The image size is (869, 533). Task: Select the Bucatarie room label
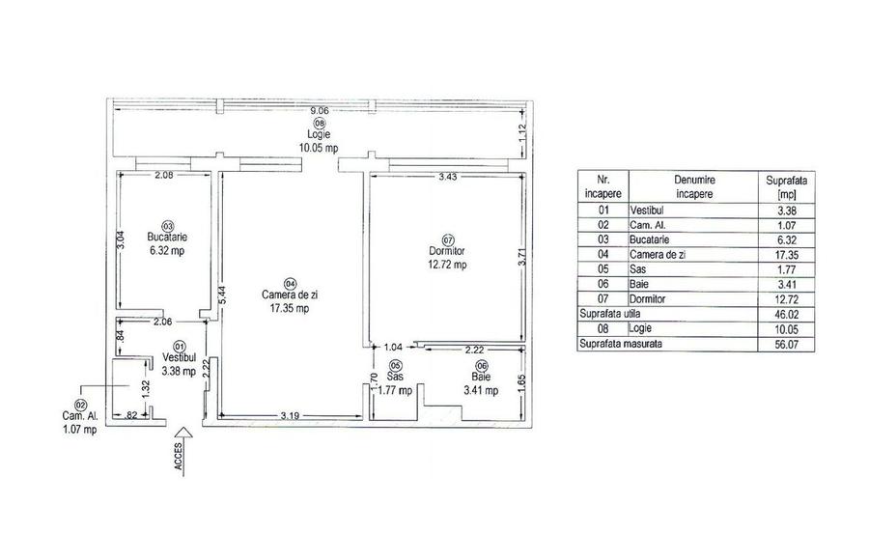166,236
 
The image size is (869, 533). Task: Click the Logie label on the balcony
319,134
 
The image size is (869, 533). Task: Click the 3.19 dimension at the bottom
289,415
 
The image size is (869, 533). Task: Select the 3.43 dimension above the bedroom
449,177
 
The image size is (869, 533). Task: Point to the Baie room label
481,378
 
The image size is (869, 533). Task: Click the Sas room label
395,378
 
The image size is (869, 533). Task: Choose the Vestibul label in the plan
179,357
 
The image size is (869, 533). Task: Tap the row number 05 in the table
605,269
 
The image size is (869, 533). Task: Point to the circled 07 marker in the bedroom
447,239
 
